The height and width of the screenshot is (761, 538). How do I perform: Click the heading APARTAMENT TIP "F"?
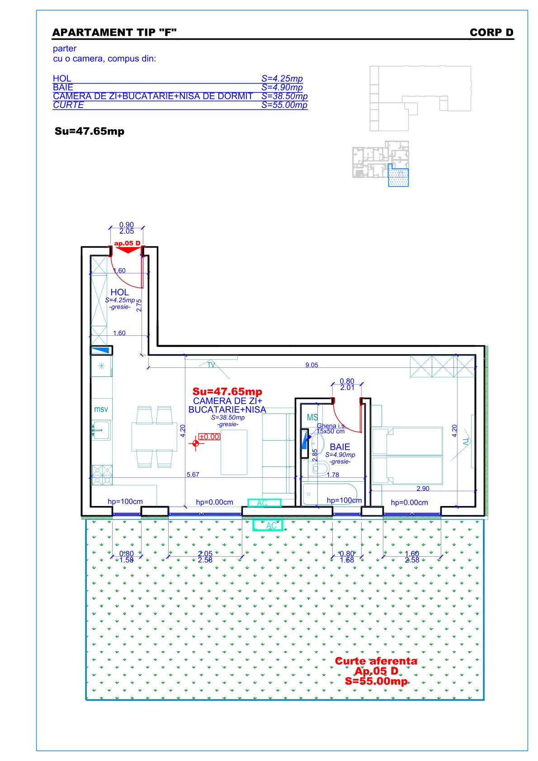pyautogui.click(x=114, y=32)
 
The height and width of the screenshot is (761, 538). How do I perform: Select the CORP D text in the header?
pyautogui.click(x=491, y=32)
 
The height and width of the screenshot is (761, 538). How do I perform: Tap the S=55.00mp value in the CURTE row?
pyautogui.click(x=284, y=105)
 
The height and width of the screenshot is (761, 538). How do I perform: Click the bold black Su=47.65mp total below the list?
pyautogui.click(x=90, y=131)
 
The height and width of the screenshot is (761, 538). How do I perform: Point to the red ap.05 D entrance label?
pyautogui.click(x=127, y=243)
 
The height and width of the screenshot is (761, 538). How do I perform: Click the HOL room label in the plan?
pyautogui.click(x=119, y=292)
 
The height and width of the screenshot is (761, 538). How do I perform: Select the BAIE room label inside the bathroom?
pyautogui.click(x=340, y=447)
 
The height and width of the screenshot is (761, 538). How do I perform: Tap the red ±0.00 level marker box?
pyautogui.click(x=209, y=437)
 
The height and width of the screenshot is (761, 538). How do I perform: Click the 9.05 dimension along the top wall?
pyautogui.click(x=311, y=365)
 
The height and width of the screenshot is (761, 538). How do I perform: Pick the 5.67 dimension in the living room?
pyautogui.click(x=193, y=474)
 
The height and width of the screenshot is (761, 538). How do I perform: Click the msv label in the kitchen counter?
pyautogui.click(x=101, y=409)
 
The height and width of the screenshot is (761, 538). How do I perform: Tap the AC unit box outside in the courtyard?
pyautogui.click(x=268, y=525)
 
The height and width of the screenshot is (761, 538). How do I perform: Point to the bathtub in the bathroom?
pyautogui.click(x=330, y=494)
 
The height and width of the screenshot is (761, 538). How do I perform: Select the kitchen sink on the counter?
pyautogui.click(x=101, y=431)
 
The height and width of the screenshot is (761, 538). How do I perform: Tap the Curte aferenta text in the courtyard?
pyautogui.click(x=376, y=661)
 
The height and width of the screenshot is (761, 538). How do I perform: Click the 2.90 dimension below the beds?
pyautogui.click(x=423, y=489)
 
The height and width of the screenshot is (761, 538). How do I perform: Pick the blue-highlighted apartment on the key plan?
pyautogui.click(x=398, y=175)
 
